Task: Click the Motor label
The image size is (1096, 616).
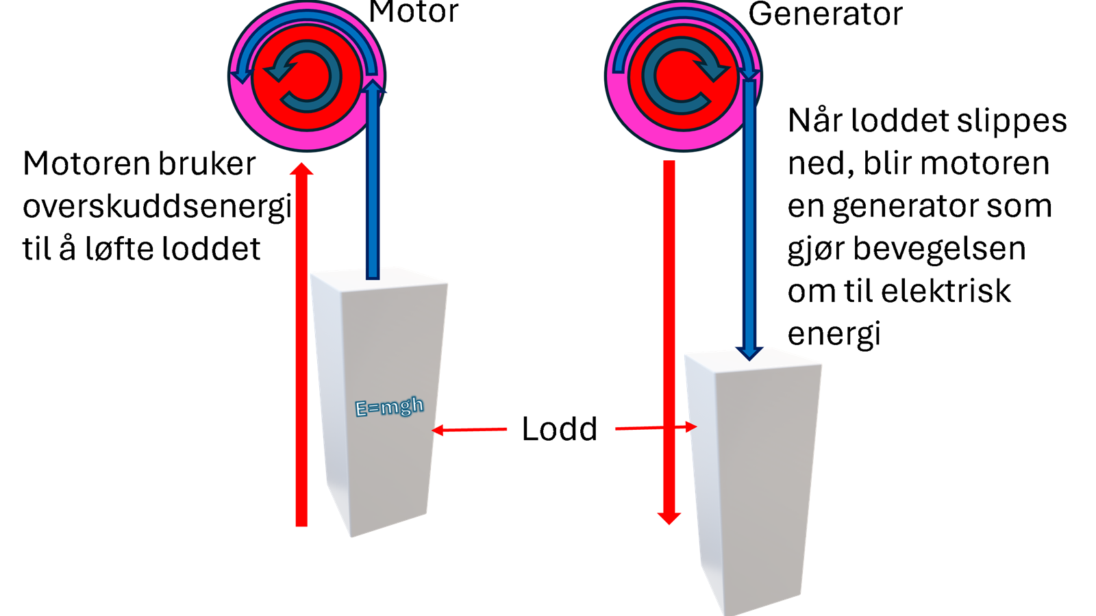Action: pos(414,12)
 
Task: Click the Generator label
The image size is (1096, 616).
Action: pos(825,14)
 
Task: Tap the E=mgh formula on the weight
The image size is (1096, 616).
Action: pos(389,407)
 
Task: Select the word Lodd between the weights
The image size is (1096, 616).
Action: pos(560,428)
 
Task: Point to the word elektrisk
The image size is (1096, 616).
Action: pos(946,292)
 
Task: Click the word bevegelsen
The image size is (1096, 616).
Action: pos(939,249)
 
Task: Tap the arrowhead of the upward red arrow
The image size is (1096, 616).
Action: pos(301,169)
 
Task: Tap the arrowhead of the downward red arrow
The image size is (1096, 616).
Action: pos(669,518)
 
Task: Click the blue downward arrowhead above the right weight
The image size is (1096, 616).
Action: pos(749,353)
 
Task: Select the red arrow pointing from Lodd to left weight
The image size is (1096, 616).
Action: pos(469,430)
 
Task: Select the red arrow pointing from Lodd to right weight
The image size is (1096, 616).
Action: pos(656,428)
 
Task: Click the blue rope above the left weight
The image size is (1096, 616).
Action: pos(373,181)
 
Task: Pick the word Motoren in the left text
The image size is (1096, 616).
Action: pos(88,164)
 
